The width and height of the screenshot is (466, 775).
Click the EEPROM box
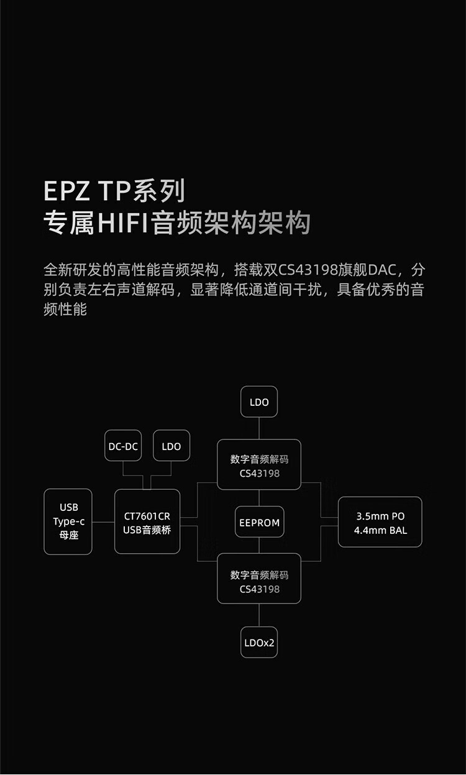coord(259,523)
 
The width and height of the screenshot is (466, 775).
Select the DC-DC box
coord(123,446)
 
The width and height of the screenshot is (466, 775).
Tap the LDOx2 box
coord(259,643)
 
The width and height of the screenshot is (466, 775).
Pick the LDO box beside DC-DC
coord(171,446)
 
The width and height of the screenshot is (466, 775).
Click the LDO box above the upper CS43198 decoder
coord(259,402)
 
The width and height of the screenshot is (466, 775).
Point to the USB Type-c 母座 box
coord(68,521)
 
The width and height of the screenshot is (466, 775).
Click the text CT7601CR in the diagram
coord(147,516)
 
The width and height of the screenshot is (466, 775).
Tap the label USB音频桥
coord(147,530)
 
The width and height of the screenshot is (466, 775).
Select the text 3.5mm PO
coord(380,516)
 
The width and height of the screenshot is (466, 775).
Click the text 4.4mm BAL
coord(380,530)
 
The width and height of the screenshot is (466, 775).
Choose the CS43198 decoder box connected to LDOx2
coord(259,579)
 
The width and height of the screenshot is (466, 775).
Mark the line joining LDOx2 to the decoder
coord(259,615)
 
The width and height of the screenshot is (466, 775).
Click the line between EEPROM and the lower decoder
coord(259,546)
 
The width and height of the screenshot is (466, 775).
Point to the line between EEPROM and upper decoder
coord(259,498)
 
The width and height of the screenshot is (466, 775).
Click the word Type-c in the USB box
coord(68,521)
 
